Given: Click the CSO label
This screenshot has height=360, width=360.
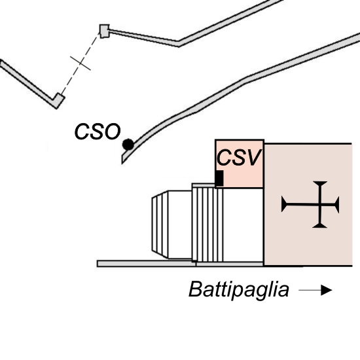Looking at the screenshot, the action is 98,132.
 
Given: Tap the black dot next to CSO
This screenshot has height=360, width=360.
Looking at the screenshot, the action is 128,145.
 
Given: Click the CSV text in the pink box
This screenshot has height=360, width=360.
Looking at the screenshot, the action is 239,157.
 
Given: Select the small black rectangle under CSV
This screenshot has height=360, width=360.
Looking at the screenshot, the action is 219,178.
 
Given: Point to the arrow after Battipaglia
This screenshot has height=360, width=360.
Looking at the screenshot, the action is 315,290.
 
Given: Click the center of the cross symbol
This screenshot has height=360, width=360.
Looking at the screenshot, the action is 320,204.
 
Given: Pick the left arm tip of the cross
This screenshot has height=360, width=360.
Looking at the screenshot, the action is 282,204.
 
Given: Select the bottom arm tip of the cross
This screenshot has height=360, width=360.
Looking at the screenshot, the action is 319,228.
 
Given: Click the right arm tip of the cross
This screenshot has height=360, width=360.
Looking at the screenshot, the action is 338,204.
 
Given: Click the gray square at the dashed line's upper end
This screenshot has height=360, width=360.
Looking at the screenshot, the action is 105,31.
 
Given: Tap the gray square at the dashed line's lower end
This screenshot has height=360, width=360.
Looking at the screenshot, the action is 58,100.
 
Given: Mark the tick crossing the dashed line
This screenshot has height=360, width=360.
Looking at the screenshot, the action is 81,63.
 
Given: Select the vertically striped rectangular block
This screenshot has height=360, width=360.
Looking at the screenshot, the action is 207,225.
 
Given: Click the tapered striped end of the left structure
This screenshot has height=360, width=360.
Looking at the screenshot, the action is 160,225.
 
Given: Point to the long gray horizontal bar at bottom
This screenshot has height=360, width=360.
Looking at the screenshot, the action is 180,264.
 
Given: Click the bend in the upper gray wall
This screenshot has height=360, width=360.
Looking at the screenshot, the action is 179,44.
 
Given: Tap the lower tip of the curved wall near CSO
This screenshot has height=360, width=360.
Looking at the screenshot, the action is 122,163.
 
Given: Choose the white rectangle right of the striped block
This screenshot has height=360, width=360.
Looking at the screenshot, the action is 243,225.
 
